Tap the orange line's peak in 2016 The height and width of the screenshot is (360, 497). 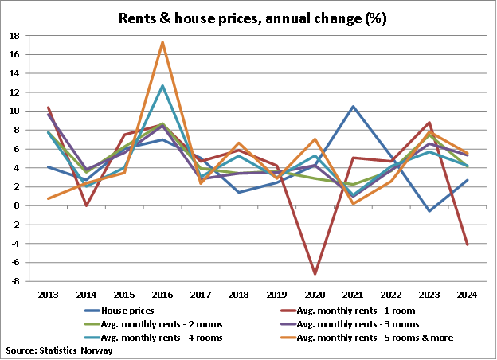pyautogui.click(x=162, y=42)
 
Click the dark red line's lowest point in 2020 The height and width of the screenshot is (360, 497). pyautogui.click(x=315, y=274)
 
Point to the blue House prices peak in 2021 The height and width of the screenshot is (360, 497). pyautogui.click(x=352, y=106)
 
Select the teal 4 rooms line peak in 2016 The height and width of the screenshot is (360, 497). pyautogui.click(x=162, y=86)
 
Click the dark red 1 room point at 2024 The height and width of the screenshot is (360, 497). pyautogui.click(x=467, y=245)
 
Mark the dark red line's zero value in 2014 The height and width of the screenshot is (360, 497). pyautogui.click(x=86, y=205)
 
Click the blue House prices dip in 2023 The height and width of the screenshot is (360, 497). pyautogui.click(x=429, y=211)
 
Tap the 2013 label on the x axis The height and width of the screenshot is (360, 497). pyautogui.click(x=48, y=294)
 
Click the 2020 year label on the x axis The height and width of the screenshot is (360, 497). pyautogui.click(x=315, y=294)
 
